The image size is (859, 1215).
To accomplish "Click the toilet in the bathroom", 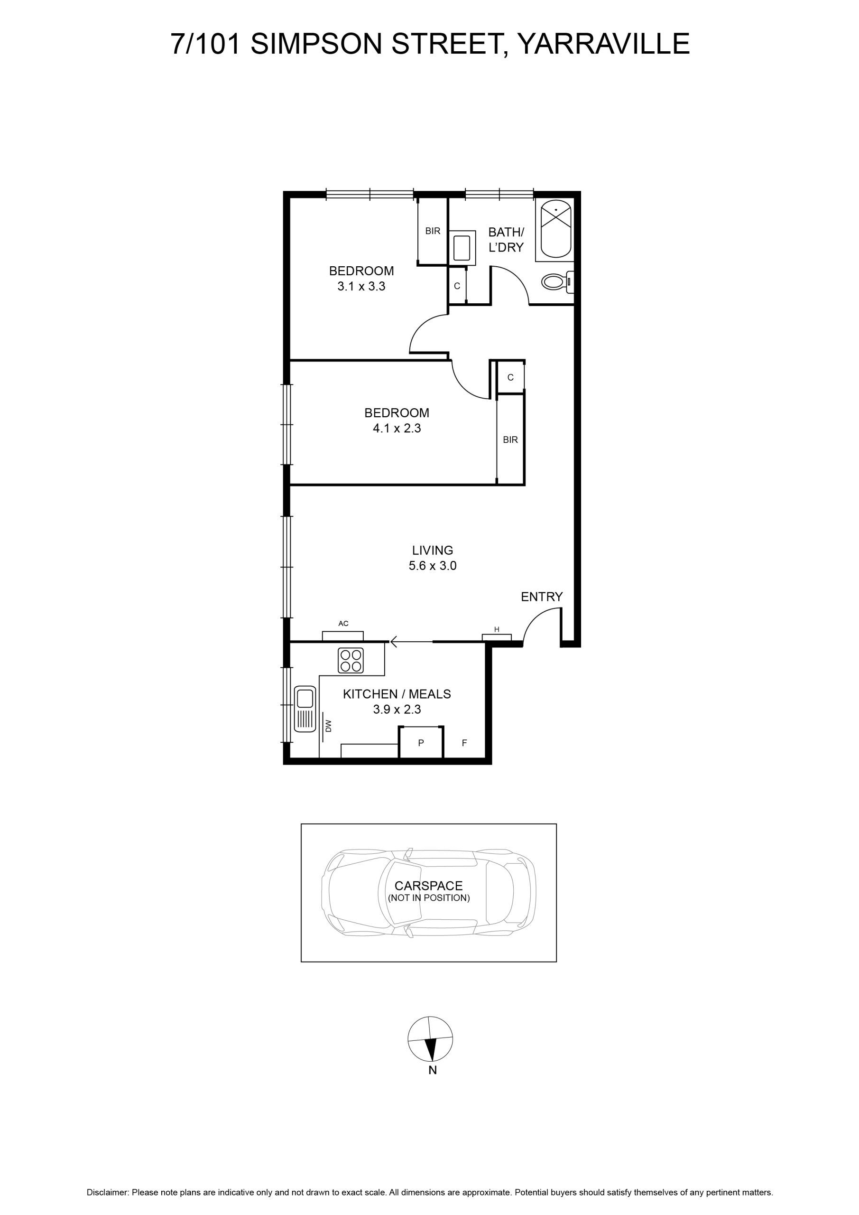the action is pyautogui.click(x=557, y=281).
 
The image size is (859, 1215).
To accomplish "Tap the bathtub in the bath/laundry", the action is pyautogui.click(x=554, y=230).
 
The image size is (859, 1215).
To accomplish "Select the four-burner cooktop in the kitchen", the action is pyautogui.click(x=351, y=660).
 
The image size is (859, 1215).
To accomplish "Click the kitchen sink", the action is pyautogui.click(x=305, y=709).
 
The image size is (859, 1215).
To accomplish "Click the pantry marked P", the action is pyautogui.click(x=421, y=742).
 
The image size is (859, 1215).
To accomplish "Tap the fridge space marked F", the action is pyautogui.click(x=464, y=743).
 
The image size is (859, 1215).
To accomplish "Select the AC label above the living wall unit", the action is pyautogui.click(x=343, y=623).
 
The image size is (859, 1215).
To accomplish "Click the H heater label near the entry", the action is pyautogui.click(x=497, y=629).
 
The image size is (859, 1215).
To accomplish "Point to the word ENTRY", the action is pyautogui.click(x=542, y=597).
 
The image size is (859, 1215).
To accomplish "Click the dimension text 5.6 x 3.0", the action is pyautogui.click(x=433, y=566).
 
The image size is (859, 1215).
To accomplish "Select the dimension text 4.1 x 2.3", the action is pyautogui.click(x=397, y=428).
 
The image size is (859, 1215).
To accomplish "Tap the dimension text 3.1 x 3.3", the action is pyautogui.click(x=361, y=286).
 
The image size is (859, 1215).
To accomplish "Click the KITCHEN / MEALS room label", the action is pyautogui.click(x=397, y=694).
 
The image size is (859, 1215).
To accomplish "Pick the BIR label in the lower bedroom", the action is pyautogui.click(x=510, y=440).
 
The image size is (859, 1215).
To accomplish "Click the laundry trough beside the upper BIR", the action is pyautogui.click(x=462, y=248).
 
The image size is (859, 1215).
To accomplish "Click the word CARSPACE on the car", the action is pyautogui.click(x=428, y=886).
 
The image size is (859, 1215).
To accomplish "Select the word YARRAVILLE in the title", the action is pyautogui.click(x=603, y=44).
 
